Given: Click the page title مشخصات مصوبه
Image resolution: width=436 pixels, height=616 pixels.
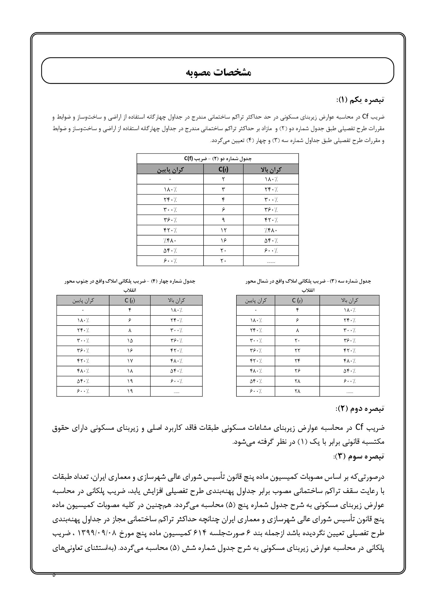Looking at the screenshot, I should point(218,72).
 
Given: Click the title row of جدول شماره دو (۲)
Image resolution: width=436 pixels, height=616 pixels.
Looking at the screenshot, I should point(218,159).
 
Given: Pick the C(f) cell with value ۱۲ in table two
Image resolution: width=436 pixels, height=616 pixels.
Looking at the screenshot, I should point(223,230).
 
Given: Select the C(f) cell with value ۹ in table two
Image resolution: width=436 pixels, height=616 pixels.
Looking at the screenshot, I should point(223,220).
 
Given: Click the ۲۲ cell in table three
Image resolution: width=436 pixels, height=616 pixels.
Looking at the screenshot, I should point(297,351).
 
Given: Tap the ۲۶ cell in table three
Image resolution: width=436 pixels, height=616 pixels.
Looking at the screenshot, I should point(297,371).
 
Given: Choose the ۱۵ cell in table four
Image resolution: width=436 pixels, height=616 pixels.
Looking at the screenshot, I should point(130,341).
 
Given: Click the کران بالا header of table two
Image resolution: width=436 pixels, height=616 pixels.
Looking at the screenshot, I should point(271,169).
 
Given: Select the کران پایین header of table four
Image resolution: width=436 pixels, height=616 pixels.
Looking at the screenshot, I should point(83,300).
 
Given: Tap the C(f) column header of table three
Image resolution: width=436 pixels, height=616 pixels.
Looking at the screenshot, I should point(297,300).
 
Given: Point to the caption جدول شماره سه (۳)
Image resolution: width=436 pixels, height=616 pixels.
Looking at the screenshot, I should point(308,282).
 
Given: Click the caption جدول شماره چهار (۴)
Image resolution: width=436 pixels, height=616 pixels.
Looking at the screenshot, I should point(130,282).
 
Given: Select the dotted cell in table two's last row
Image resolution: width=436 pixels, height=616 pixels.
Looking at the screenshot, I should point(271,261).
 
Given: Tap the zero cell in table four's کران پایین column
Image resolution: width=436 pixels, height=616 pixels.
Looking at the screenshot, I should point(83,311).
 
